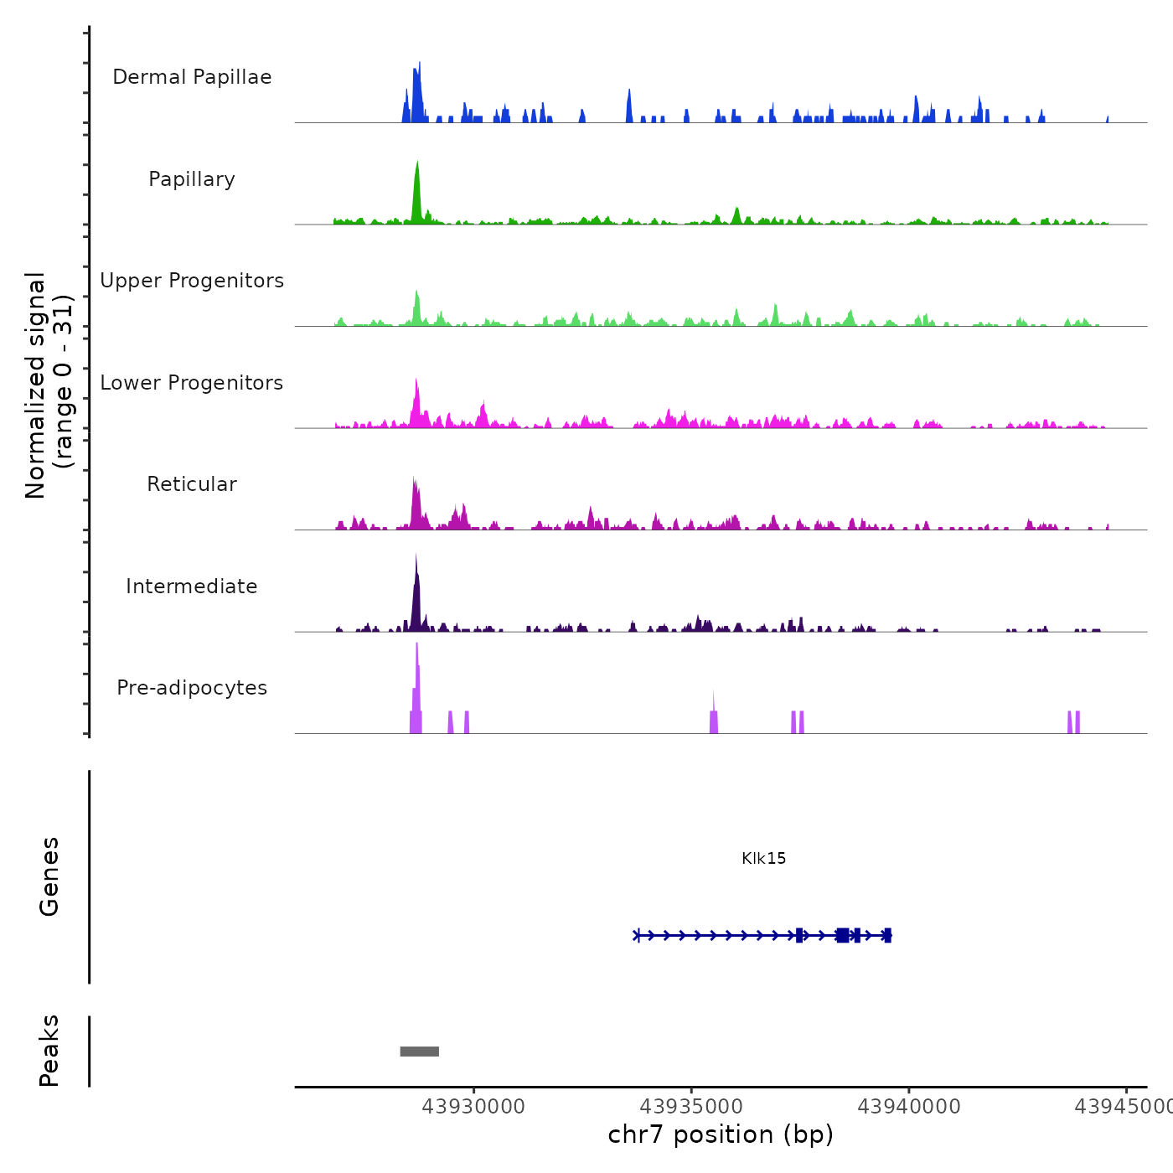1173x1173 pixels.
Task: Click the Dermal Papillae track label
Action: point(192,77)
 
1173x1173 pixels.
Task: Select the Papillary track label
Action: point(192,179)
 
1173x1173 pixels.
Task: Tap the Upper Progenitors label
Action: point(192,281)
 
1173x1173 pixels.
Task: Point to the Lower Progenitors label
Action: point(192,383)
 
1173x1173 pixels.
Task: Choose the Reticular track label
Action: point(192,484)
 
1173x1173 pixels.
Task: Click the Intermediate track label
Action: point(192,586)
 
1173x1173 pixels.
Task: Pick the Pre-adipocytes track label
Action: point(192,688)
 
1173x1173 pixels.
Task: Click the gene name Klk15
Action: point(763,858)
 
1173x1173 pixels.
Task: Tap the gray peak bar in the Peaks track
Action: point(420,1052)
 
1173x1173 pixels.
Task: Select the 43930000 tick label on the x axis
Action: point(473,1107)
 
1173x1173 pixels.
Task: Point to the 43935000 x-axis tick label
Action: point(691,1107)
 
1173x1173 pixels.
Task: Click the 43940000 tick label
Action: point(909,1107)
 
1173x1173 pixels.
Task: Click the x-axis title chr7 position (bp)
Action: point(721,1134)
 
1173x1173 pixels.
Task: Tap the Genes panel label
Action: point(49,876)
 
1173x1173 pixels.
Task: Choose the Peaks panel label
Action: point(49,1051)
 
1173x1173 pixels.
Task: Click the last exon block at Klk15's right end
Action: point(887,936)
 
